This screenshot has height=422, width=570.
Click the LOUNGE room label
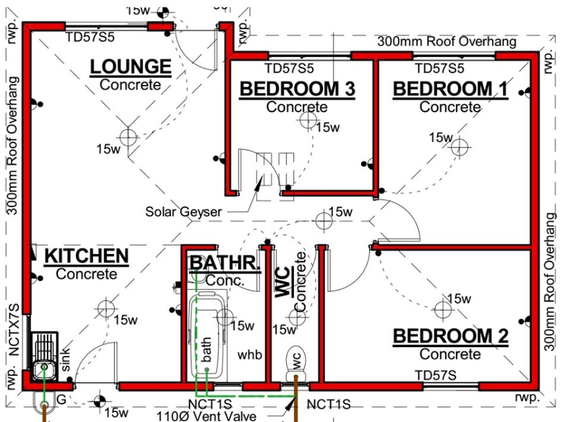130,67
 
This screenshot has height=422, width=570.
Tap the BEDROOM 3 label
297,89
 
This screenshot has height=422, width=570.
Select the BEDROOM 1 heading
450,89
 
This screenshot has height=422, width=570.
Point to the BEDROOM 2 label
450,336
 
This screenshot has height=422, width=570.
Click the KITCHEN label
86,256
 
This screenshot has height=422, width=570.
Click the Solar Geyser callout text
184,212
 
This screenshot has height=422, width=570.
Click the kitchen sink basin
44,366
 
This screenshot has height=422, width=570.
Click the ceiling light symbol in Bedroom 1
460,147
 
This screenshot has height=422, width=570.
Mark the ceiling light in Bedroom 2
443,309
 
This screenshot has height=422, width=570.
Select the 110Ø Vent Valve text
207,416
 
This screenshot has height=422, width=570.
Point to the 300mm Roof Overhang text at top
447,42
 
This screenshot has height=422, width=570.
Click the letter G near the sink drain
61,400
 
